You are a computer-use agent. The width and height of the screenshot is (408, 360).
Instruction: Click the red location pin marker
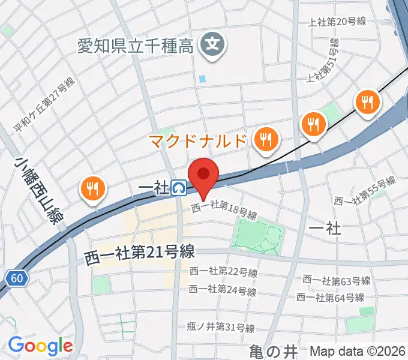[x=203, y=175]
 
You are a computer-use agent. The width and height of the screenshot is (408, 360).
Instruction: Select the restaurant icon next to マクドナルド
[x=264, y=140]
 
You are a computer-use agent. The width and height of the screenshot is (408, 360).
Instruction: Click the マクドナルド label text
[x=197, y=142]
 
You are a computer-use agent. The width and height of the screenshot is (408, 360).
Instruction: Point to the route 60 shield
[x=18, y=278]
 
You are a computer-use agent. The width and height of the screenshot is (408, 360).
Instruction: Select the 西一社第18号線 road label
[x=224, y=211]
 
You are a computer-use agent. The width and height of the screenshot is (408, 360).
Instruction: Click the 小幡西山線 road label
[x=40, y=189]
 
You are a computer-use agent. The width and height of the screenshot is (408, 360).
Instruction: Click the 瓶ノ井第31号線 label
[x=220, y=327]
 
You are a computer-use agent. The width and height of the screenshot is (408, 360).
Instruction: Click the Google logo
[x=40, y=346]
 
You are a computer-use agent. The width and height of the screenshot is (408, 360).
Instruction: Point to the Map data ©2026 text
[x=357, y=351]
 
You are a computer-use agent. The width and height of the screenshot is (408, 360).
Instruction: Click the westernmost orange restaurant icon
[x=92, y=190]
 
